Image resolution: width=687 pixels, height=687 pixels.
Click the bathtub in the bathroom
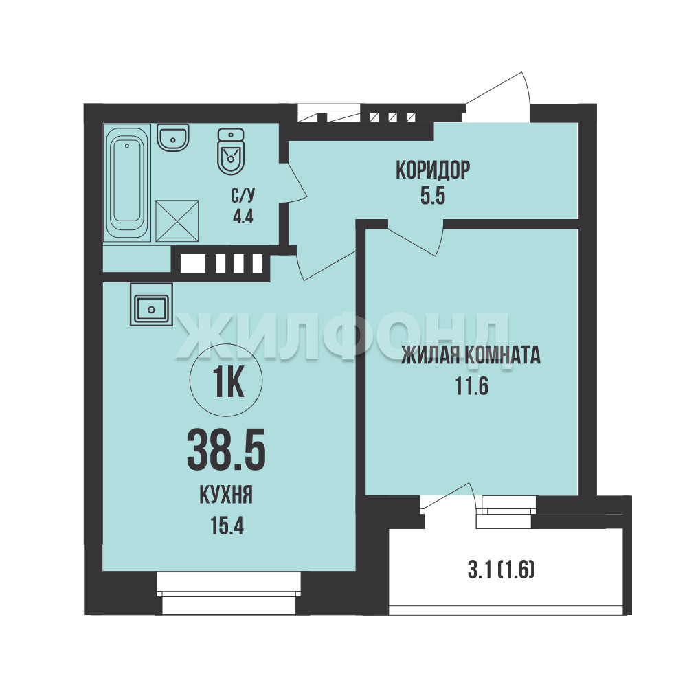(x=127, y=183)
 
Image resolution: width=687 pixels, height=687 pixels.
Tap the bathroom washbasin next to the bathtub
(x=173, y=137)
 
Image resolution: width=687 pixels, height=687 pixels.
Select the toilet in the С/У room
(x=230, y=151)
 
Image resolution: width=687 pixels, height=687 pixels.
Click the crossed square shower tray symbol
(x=177, y=221)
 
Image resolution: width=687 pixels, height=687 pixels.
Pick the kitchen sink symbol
(x=151, y=304)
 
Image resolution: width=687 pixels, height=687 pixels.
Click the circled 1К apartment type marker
(x=226, y=381)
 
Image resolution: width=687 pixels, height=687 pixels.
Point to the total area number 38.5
(x=226, y=449)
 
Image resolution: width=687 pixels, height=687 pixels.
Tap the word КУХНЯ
(x=226, y=495)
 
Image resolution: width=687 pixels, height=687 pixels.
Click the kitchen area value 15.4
(x=227, y=526)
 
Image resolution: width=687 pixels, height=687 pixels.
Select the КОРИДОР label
(x=433, y=170)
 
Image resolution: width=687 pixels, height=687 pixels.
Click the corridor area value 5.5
(x=433, y=196)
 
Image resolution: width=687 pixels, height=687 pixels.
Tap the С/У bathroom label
(x=243, y=196)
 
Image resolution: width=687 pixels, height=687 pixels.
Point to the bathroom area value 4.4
(x=243, y=216)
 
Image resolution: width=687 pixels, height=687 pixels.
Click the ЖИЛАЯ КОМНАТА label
(x=471, y=355)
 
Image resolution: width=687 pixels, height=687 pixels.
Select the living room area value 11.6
(x=471, y=386)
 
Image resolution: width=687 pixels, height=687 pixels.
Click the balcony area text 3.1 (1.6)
(x=502, y=570)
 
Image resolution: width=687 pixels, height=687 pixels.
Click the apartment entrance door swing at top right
(x=497, y=98)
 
